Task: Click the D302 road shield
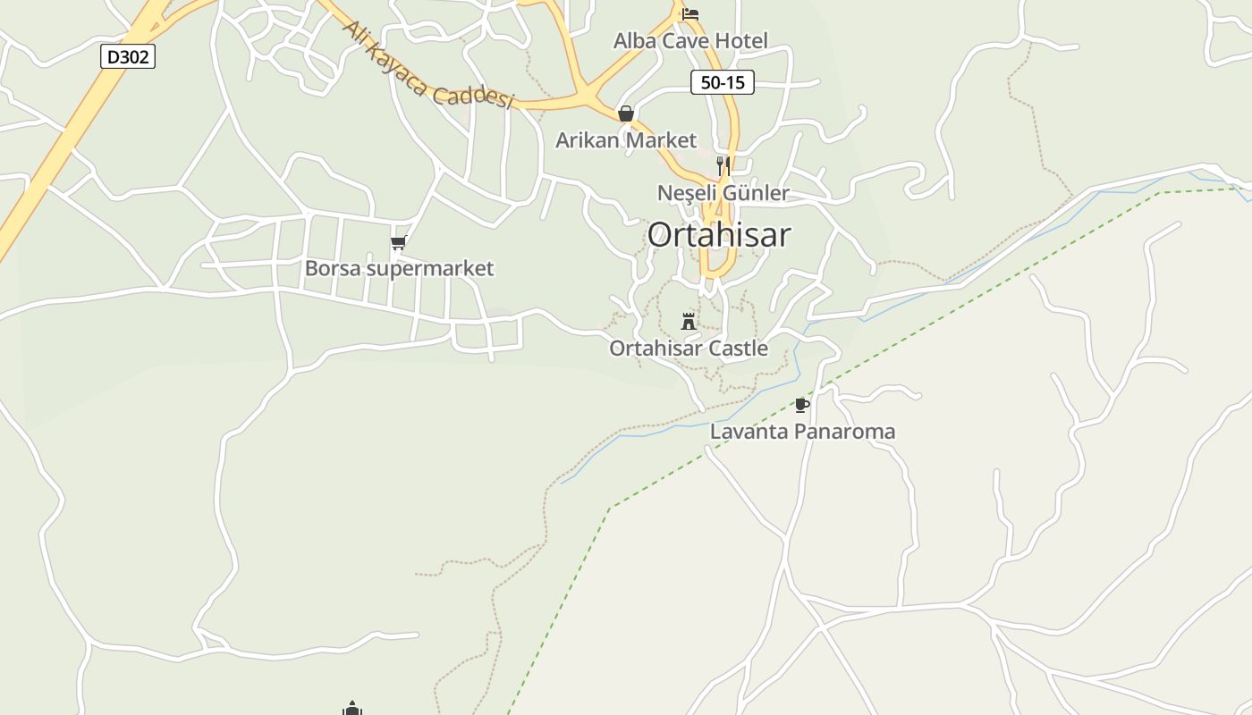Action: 126,57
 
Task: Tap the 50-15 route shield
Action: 723,82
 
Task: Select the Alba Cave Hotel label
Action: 690,40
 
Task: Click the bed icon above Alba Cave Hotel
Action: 689,14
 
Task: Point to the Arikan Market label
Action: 626,140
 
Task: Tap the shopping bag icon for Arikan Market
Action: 626,114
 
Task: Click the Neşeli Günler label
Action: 723,193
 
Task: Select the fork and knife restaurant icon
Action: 723,165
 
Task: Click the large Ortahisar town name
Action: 719,235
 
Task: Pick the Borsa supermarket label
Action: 399,268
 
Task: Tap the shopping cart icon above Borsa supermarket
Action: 399,242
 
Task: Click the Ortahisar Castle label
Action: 689,349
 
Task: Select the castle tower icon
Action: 689,321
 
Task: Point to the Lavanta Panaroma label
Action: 802,432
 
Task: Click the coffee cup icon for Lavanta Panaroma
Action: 802,405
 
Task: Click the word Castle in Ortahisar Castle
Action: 738,349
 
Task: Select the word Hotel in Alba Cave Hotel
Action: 741,40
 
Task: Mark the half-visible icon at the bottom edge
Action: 352,709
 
